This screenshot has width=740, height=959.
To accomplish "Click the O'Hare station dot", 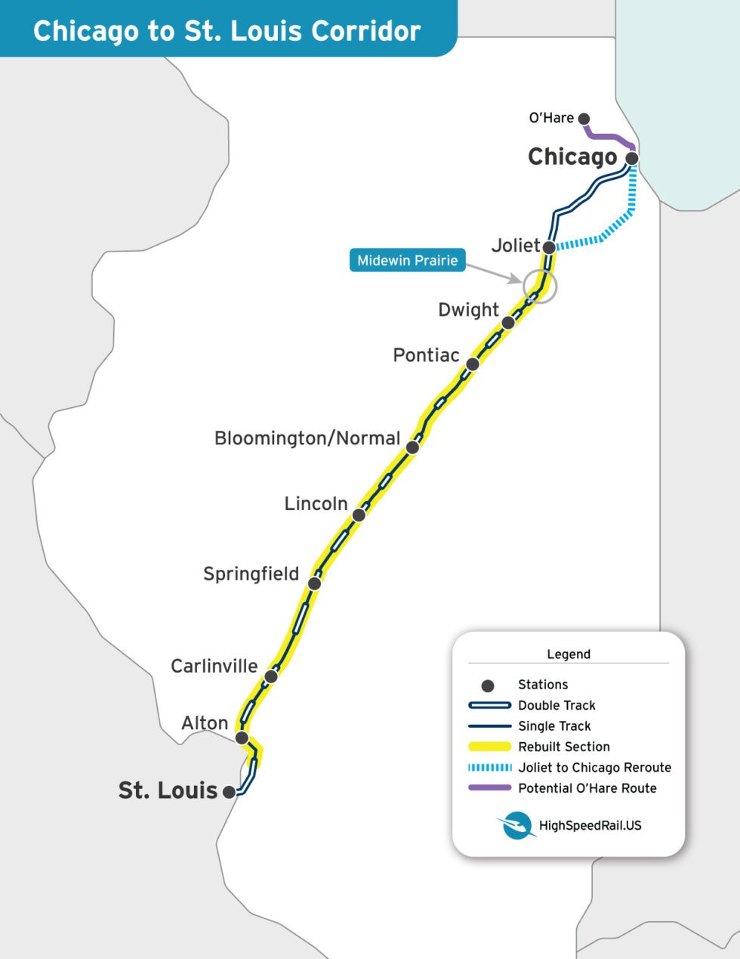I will tap(583, 118).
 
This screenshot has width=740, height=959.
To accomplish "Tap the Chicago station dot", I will tap(632, 158).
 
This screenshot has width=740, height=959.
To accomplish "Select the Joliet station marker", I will tap(550, 246).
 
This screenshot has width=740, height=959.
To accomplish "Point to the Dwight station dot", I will tap(508, 323).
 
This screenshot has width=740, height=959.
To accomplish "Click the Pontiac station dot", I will tap(473, 363).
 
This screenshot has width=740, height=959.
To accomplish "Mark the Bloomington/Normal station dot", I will tap(412, 447).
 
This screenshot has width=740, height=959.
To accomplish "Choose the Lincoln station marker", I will tap(359, 515).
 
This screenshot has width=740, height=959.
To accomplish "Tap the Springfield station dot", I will tap(315, 583).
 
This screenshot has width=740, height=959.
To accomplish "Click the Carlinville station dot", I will tap(271, 676).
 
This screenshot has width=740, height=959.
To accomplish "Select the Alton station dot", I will tap(242, 737).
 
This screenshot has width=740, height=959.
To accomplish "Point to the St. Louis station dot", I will tap(230, 792).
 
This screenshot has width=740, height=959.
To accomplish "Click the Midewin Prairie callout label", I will tap(408, 261).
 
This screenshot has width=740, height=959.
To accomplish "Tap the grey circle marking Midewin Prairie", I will tap(540, 286).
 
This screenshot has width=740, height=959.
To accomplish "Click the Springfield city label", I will tap(251, 574).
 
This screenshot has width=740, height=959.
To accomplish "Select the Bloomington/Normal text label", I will tap(307, 438).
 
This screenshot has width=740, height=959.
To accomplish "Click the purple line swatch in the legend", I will tap(489, 788).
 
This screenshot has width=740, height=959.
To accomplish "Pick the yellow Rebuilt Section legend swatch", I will tap(489, 747).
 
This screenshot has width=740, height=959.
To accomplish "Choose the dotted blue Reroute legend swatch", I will tap(489, 768).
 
